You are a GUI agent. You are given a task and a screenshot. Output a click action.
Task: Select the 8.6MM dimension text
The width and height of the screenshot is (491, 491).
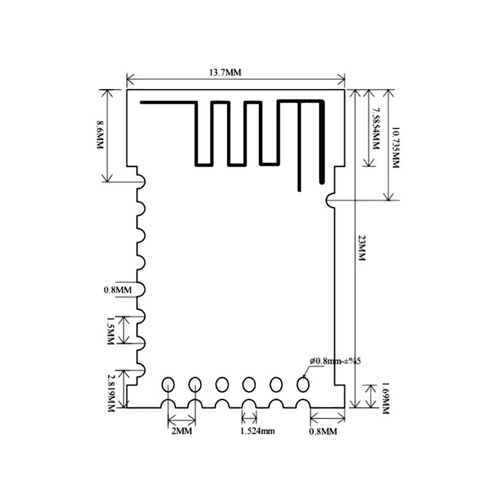click(99, 134)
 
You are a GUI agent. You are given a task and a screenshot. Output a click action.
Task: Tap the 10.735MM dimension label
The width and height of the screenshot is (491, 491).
click(395, 147)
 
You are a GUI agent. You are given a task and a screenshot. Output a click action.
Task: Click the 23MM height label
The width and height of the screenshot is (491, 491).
click(361, 248)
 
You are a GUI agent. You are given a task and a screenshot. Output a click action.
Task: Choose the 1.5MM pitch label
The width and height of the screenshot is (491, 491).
click(111, 330)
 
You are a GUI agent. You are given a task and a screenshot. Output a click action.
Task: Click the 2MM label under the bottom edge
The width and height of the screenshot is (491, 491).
click(182, 431)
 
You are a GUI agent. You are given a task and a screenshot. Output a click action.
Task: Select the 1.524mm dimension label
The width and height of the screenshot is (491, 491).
click(257, 431)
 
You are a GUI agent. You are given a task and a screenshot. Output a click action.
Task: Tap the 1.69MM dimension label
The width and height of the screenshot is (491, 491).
click(385, 398)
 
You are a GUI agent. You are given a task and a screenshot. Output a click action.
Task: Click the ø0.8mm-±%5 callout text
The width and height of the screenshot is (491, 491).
click(334, 361)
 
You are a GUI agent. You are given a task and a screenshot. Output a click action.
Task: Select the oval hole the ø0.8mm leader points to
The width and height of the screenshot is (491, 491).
click(303, 384)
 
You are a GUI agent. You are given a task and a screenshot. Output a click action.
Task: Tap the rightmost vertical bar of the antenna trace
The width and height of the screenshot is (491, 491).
click(322, 142)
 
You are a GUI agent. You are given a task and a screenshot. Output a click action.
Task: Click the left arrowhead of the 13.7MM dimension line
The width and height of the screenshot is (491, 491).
click(130, 79)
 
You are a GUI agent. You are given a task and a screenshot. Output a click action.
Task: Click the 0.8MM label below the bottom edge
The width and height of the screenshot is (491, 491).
click(323, 431)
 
